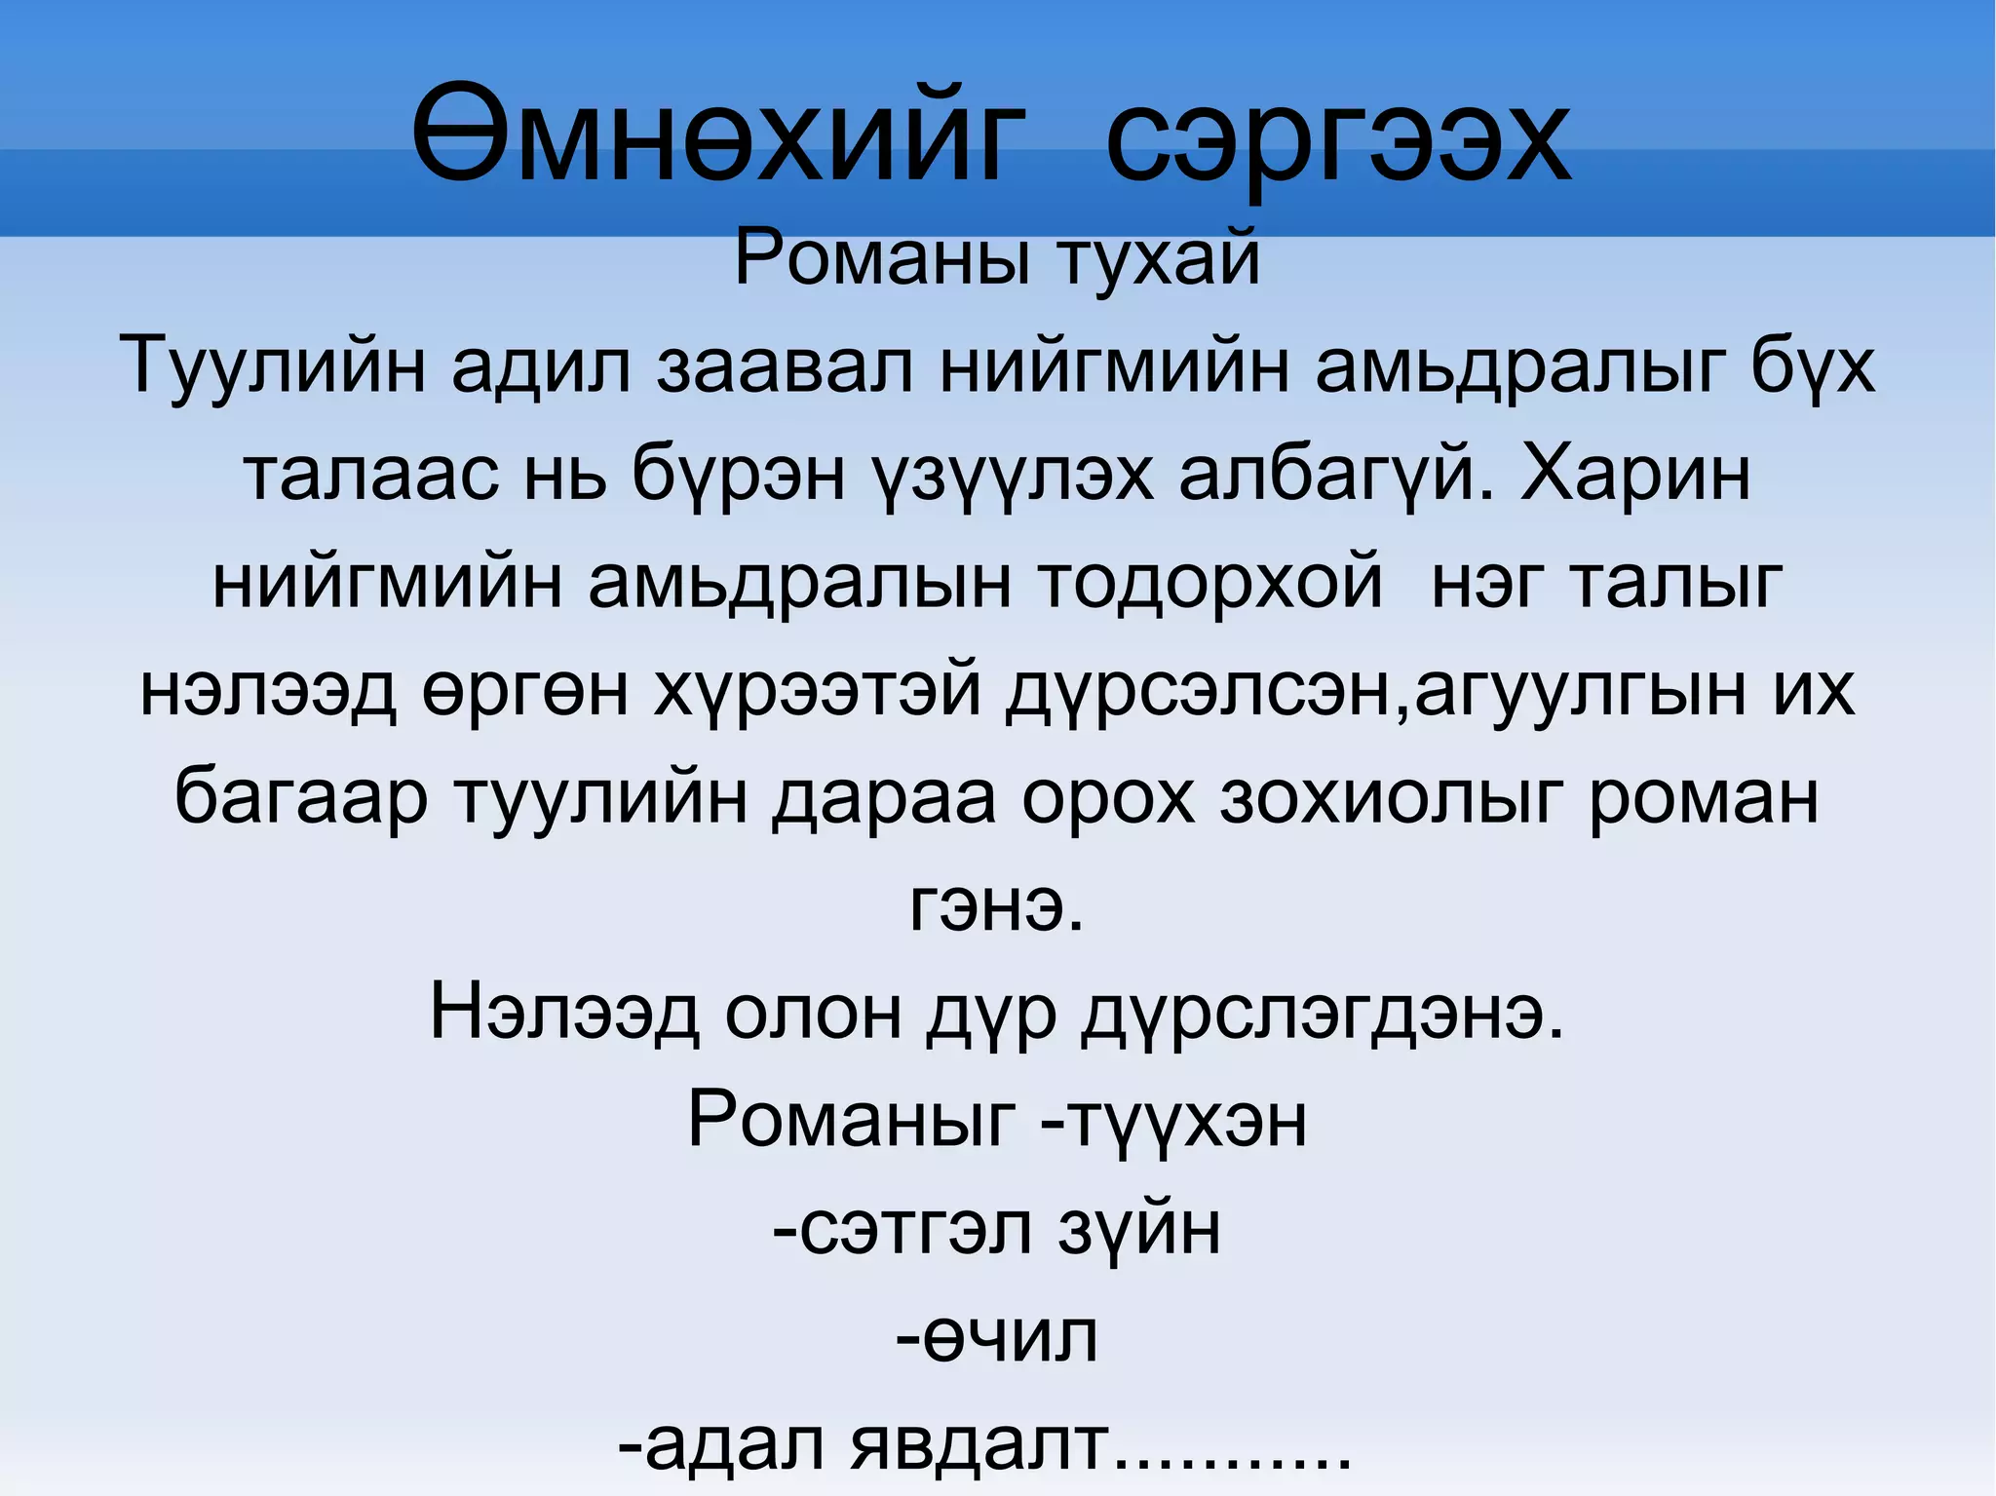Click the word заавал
coord(785,367)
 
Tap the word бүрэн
coord(738,476)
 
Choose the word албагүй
coord(1335,476)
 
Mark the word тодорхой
coord(1209,583)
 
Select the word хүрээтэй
coord(817,690)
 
